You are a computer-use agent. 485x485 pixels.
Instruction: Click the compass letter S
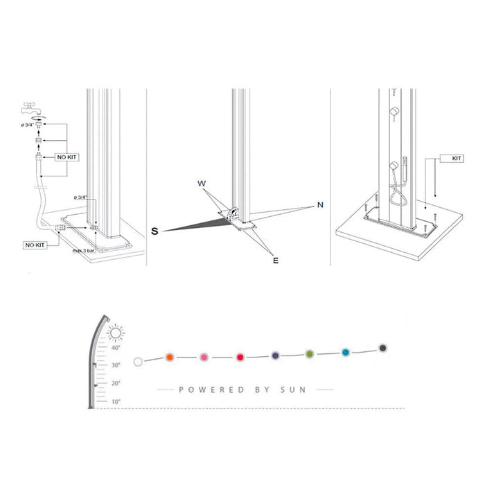pyautogui.click(x=155, y=232)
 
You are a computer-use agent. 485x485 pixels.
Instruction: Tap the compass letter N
pyautogui.click(x=320, y=205)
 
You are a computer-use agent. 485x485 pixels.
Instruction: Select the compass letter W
pyautogui.click(x=202, y=184)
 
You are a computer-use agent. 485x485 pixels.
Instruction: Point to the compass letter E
pyautogui.click(x=275, y=261)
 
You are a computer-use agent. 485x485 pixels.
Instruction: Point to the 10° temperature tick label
pyautogui.click(x=115, y=401)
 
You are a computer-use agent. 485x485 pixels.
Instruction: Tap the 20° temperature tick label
pyautogui.click(x=115, y=383)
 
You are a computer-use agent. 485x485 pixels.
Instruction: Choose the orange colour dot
pyautogui.click(x=169, y=357)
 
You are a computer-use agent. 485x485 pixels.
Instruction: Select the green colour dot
pyautogui.click(x=310, y=354)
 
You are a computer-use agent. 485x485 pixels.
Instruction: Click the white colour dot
pyautogui.click(x=138, y=361)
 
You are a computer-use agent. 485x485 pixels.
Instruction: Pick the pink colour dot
pyautogui.click(x=204, y=358)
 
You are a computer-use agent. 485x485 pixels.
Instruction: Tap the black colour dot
pyautogui.click(x=382, y=347)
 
